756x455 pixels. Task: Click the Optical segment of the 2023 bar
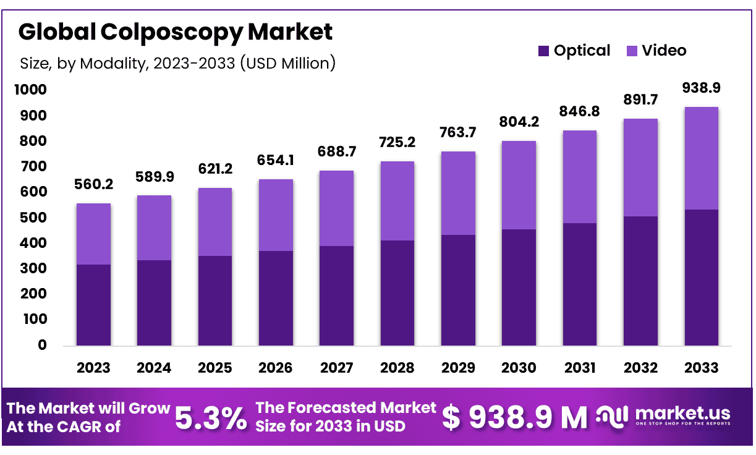(93, 305)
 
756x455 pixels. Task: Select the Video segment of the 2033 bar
(701, 158)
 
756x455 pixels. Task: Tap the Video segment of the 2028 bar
(397, 201)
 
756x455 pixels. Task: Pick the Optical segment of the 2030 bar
(519, 287)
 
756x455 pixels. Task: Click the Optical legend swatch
(544, 51)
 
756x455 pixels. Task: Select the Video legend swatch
(632, 51)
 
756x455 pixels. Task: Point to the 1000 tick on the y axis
(30, 90)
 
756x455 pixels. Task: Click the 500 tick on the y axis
(33, 218)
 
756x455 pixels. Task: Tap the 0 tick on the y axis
(42, 345)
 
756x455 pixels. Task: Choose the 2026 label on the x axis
(276, 368)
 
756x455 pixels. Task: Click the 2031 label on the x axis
(580, 368)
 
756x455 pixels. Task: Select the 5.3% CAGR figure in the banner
(210, 419)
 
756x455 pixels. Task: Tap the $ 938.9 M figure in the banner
(515, 419)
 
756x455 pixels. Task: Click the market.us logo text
(682, 414)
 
